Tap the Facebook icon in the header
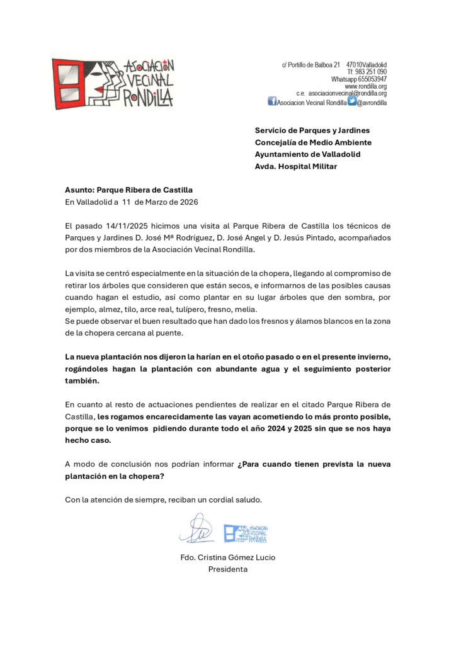(272, 101)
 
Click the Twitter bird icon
(352, 101)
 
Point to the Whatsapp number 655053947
(372, 79)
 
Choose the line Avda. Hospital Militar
(296, 166)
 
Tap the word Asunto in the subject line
(79, 190)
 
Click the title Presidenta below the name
(228, 569)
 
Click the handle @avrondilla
(372, 102)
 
